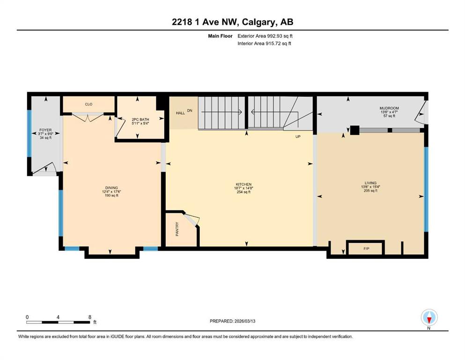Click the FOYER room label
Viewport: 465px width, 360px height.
[45, 130]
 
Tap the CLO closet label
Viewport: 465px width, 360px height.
[89, 104]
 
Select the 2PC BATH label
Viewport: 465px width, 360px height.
[140, 120]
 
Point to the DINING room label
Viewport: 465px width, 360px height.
[111, 187]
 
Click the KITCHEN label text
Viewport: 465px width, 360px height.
[244, 184]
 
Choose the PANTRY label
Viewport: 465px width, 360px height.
[177, 229]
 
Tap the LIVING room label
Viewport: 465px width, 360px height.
[370, 183]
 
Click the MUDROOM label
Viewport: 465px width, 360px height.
[389, 108]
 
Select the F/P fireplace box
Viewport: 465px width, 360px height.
[366, 247]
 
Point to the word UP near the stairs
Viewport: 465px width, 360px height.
[298, 137]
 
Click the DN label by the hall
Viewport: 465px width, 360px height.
[190, 111]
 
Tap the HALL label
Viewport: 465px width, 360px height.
[180, 113]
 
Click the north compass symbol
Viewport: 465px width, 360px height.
[429, 317]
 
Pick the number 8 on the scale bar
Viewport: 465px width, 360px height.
[90, 317]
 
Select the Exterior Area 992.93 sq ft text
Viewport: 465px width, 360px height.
[265, 36]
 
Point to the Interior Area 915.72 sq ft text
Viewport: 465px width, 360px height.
[264, 43]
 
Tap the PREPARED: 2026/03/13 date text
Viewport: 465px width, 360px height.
[232, 321]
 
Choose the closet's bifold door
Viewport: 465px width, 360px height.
[88, 118]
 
